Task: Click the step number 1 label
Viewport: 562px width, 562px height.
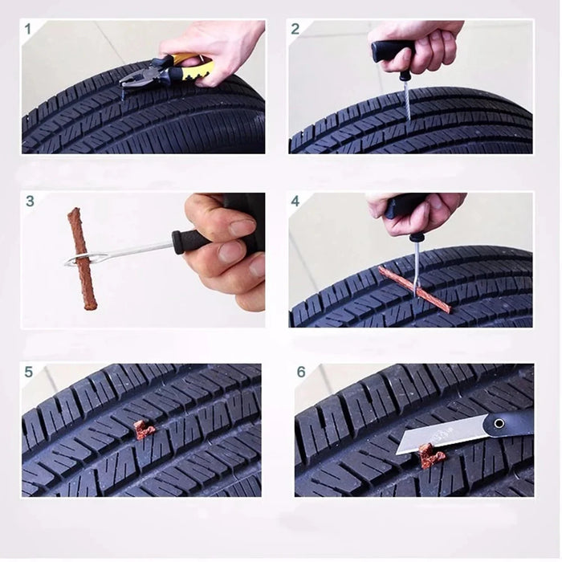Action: click(x=29, y=29)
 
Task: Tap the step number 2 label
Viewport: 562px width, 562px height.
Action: click(x=295, y=29)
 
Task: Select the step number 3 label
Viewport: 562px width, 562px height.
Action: click(x=30, y=201)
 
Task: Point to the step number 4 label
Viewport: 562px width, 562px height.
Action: click(x=295, y=201)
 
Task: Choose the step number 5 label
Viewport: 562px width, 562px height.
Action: click(x=29, y=372)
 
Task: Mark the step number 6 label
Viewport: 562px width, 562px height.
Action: click(x=301, y=372)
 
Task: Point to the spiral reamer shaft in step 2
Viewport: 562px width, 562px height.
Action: click(x=407, y=100)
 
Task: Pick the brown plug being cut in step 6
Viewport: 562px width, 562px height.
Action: click(x=430, y=456)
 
